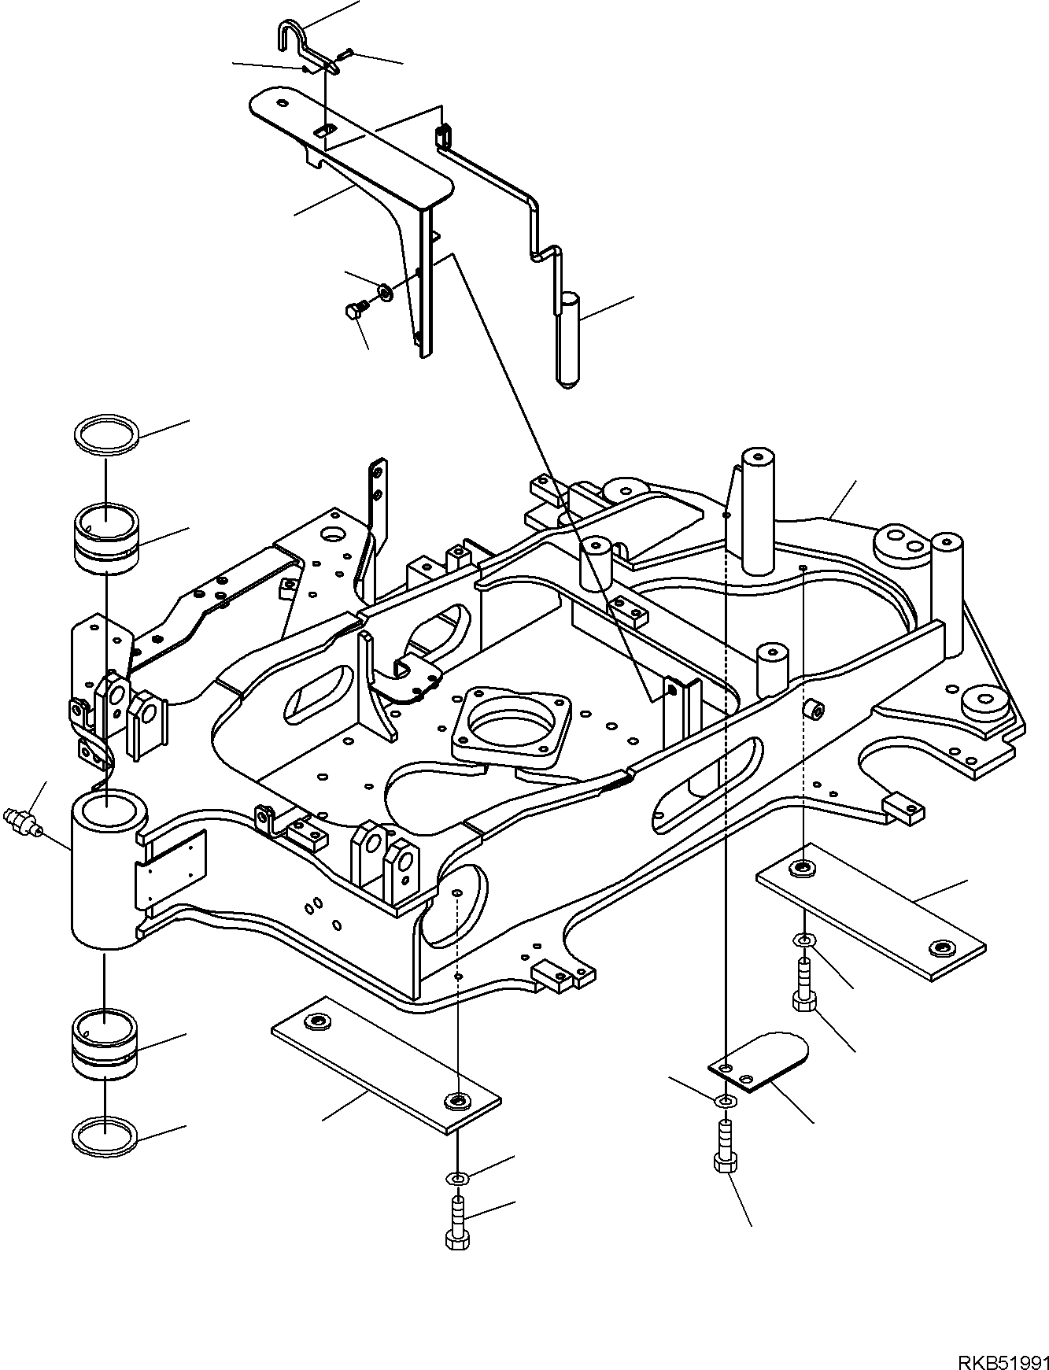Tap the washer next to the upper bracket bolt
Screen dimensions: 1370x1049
click(386, 292)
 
